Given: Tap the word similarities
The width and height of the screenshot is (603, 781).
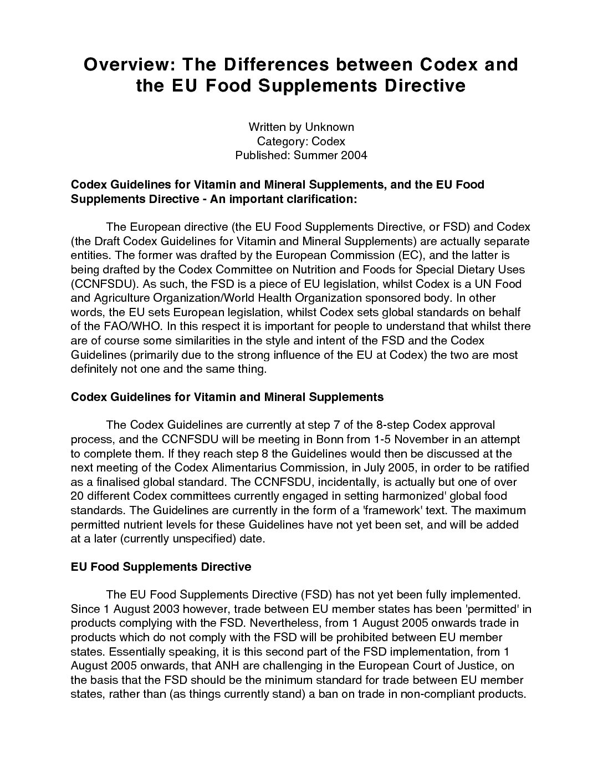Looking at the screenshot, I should [x=198, y=340].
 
